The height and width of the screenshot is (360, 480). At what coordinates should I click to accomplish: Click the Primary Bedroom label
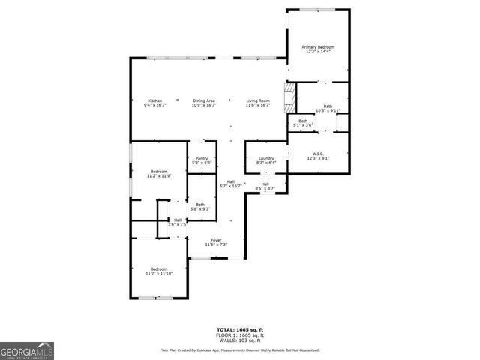point(318,46)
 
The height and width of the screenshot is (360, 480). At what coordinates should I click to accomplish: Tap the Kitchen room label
point(155,100)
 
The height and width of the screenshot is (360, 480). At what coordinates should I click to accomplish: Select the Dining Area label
point(204,100)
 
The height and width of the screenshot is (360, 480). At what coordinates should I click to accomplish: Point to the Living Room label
point(258,100)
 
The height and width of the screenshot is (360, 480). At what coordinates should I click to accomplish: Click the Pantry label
point(201,158)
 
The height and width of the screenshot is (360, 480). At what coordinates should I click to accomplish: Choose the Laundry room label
point(266,158)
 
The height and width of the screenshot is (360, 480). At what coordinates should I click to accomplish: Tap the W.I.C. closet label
point(317,154)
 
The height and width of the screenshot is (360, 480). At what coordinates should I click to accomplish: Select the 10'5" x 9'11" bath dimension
point(328,111)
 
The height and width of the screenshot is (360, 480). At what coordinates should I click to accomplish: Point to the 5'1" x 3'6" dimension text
point(303,124)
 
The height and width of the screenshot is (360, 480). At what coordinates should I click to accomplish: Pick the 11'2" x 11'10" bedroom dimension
point(159,273)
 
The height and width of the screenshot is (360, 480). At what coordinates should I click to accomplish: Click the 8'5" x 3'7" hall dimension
point(265,188)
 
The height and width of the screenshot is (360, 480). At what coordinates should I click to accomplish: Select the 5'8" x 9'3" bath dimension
point(200,208)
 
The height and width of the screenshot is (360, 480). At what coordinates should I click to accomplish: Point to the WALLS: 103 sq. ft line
point(240,340)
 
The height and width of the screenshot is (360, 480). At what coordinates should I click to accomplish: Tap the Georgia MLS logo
point(27,351)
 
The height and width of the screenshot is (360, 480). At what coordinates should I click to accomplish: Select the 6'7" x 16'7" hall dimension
point(231,186)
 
